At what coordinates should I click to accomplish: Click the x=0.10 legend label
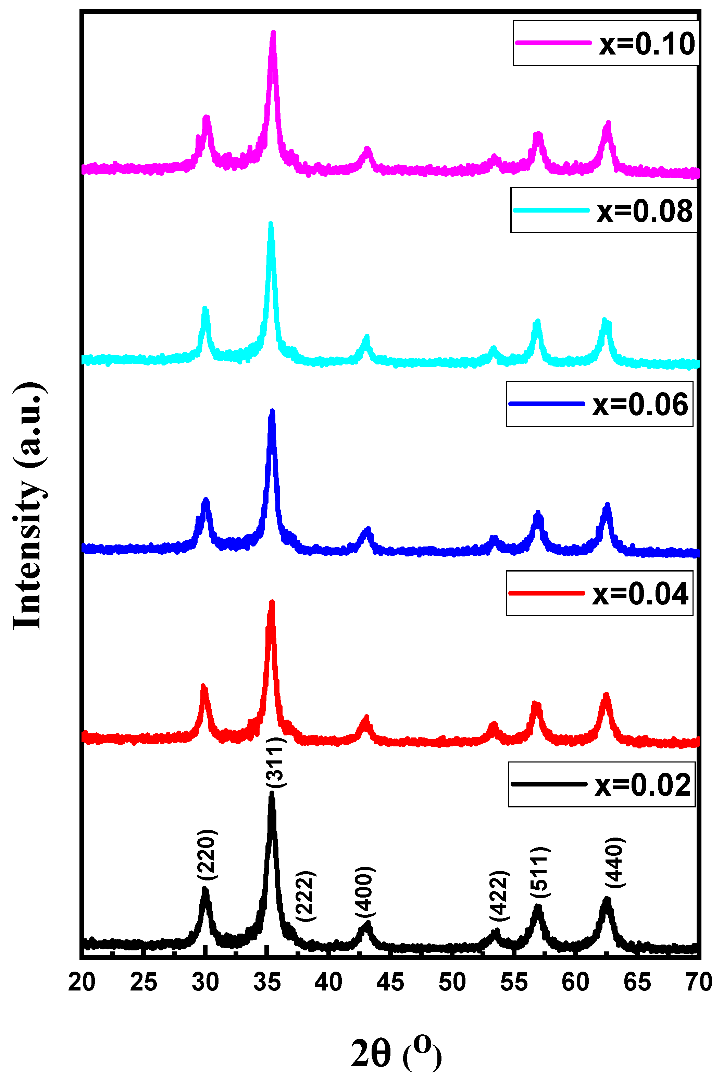pos(647,44)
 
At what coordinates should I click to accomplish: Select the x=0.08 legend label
pos(644,211)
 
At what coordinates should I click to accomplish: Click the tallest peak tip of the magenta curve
pos(273,32)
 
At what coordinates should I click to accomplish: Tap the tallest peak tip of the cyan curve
pos(271,224)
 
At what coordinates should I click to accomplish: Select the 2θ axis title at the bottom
pos(396,1054)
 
